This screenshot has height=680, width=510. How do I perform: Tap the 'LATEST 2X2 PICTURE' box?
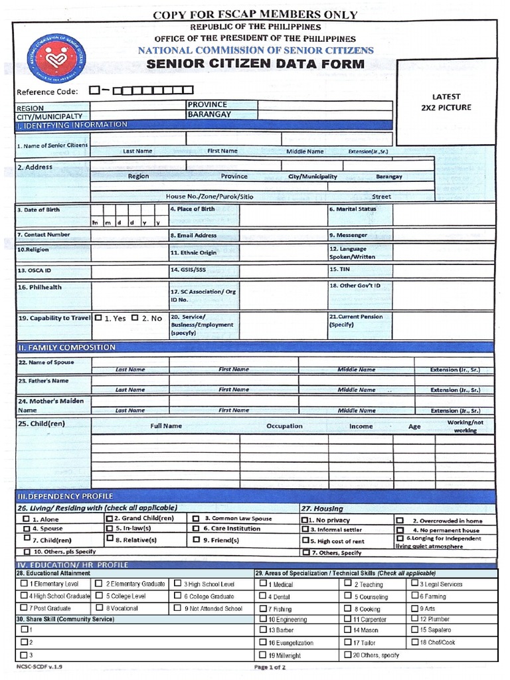446,102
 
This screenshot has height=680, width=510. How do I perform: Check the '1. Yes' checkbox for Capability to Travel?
98,318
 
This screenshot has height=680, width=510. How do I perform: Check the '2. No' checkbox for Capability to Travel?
135,318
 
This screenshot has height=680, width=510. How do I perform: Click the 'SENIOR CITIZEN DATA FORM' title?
255,64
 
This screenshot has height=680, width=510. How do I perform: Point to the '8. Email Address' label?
193,235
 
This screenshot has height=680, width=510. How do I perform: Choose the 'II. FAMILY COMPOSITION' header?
66,347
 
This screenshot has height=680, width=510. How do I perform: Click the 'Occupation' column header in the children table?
284,426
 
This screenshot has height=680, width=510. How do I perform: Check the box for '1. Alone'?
26,519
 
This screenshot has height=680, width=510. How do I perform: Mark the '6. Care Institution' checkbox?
197,529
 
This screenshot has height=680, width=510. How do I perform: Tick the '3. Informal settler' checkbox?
305,529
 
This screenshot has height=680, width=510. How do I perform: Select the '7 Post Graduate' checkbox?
24,608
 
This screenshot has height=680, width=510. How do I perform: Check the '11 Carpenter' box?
348,619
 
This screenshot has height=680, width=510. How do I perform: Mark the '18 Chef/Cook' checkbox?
414,642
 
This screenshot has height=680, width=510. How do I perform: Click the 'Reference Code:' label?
47,92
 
